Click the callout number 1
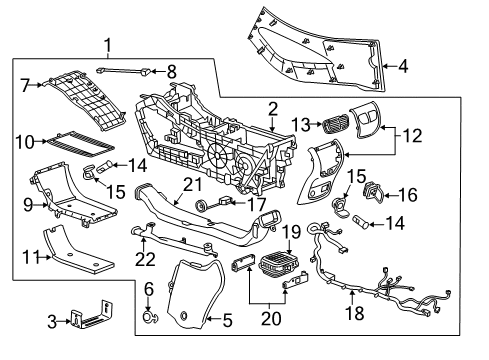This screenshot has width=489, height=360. tap(107, 46)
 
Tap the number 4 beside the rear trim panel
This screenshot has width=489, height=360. tap(403, 67)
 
